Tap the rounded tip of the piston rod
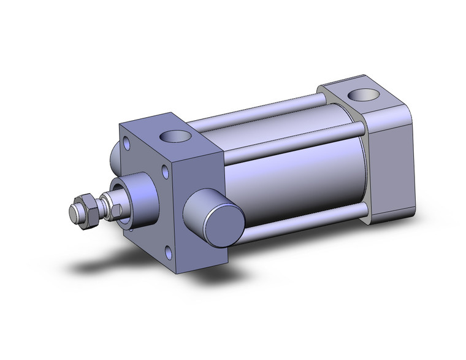tap(72, 212)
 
